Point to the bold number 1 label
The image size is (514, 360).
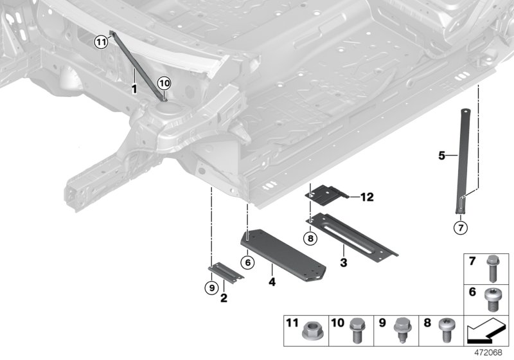tap(134, 88)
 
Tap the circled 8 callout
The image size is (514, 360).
tap(310, 239)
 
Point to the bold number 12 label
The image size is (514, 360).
tap(366, 197)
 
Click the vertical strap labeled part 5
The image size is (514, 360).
tap(464, 161)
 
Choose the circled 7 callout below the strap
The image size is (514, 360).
tap(460, 226)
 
